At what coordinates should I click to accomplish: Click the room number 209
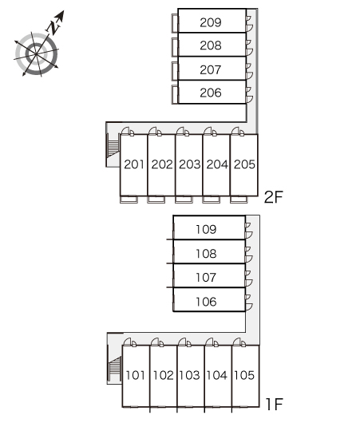[211, 22]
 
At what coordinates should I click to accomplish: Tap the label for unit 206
[211, 93]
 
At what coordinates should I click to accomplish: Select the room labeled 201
[134, 164]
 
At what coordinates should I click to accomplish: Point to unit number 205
[244, 164]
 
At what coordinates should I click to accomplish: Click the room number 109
[206, 230]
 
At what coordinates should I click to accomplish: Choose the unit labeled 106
[206, 302]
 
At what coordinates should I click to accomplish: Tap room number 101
[135, 375]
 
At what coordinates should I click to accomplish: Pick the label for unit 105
[244, 375]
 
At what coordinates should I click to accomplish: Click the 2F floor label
[273, 197]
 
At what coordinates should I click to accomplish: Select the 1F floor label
[274, 404]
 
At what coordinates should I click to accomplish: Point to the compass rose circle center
[36, 54]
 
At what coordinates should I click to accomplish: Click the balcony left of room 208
[175, 47]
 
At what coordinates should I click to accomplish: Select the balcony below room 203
[184, 200]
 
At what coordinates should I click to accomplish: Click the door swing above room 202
[155, 131]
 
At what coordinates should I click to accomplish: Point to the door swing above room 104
[212, 342]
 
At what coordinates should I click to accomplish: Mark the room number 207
[211, 70]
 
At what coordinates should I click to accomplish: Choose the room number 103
[189, 375]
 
